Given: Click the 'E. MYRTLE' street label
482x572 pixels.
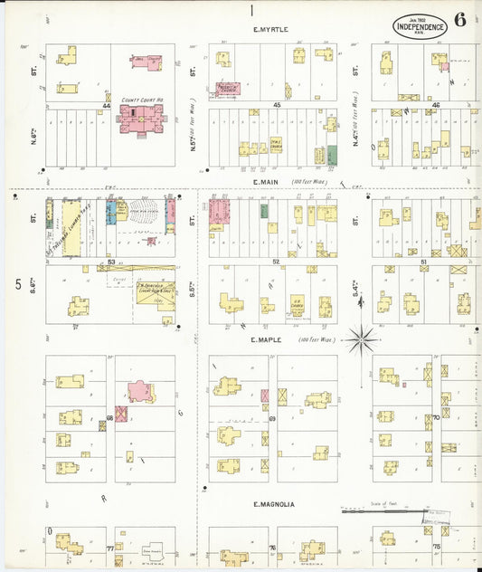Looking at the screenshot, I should click(270, 29).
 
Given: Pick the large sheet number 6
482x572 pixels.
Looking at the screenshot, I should click(461, 21).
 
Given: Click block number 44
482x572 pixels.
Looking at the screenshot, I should click(107, 106).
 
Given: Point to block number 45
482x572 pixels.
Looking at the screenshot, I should click(278, 106).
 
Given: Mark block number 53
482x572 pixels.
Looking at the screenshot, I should click(111, 262).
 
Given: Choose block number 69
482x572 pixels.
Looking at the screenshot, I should click(271, 417).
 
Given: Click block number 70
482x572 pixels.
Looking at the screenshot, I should click(435, 417).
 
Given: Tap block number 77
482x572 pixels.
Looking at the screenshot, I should click(110, 548).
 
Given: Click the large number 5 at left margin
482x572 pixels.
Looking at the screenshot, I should click(18, 284).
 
